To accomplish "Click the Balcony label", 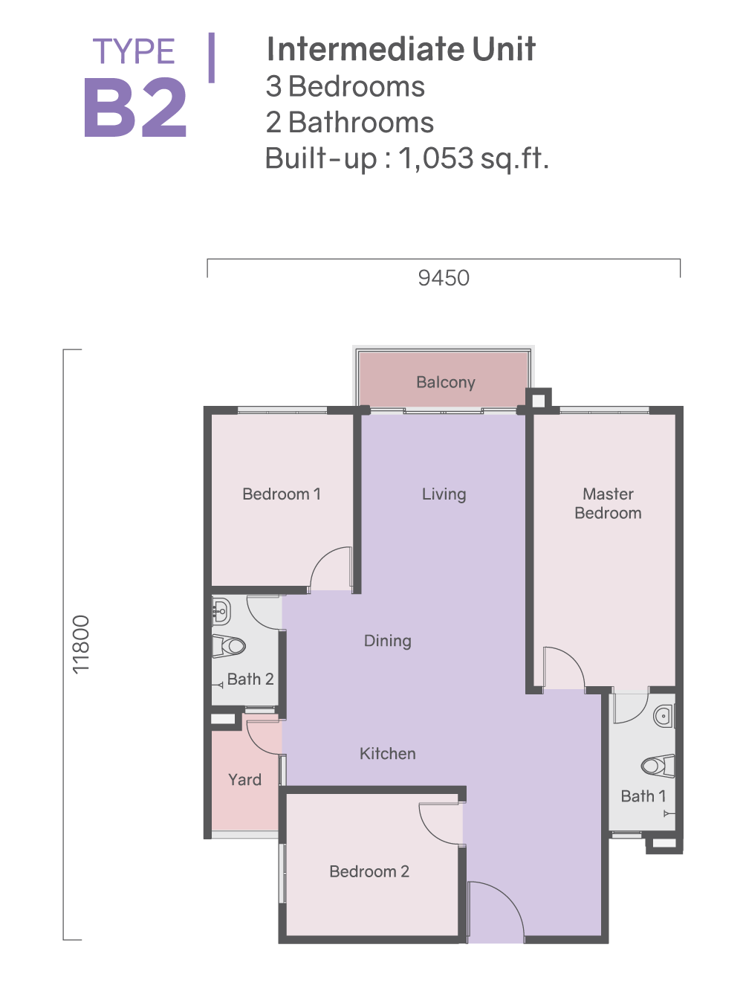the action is [x=445, y=382].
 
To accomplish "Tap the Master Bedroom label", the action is [x=608, y=503].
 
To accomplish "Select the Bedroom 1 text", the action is [x=282, y=494].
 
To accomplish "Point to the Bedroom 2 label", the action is [x=369, y=871].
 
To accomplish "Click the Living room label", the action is [x=444, y=494].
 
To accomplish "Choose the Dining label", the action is [x=387, y=641].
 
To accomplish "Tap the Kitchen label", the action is [x=387, y=754].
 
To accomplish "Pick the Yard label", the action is [x=244, y=780].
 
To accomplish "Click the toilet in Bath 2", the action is [x=229, y=646].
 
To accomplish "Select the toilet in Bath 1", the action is [x=658, y=766].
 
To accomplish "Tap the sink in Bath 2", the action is [x=221, y=611].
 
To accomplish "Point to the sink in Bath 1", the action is [x=664, y=716].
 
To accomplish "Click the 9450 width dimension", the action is [x=444, y=278].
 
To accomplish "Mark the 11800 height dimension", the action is [x=81, y=645].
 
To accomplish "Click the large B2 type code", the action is [x=135, y=107].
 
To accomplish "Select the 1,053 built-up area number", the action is [x=436, y=158].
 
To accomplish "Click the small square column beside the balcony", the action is [x=539, y=399].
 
